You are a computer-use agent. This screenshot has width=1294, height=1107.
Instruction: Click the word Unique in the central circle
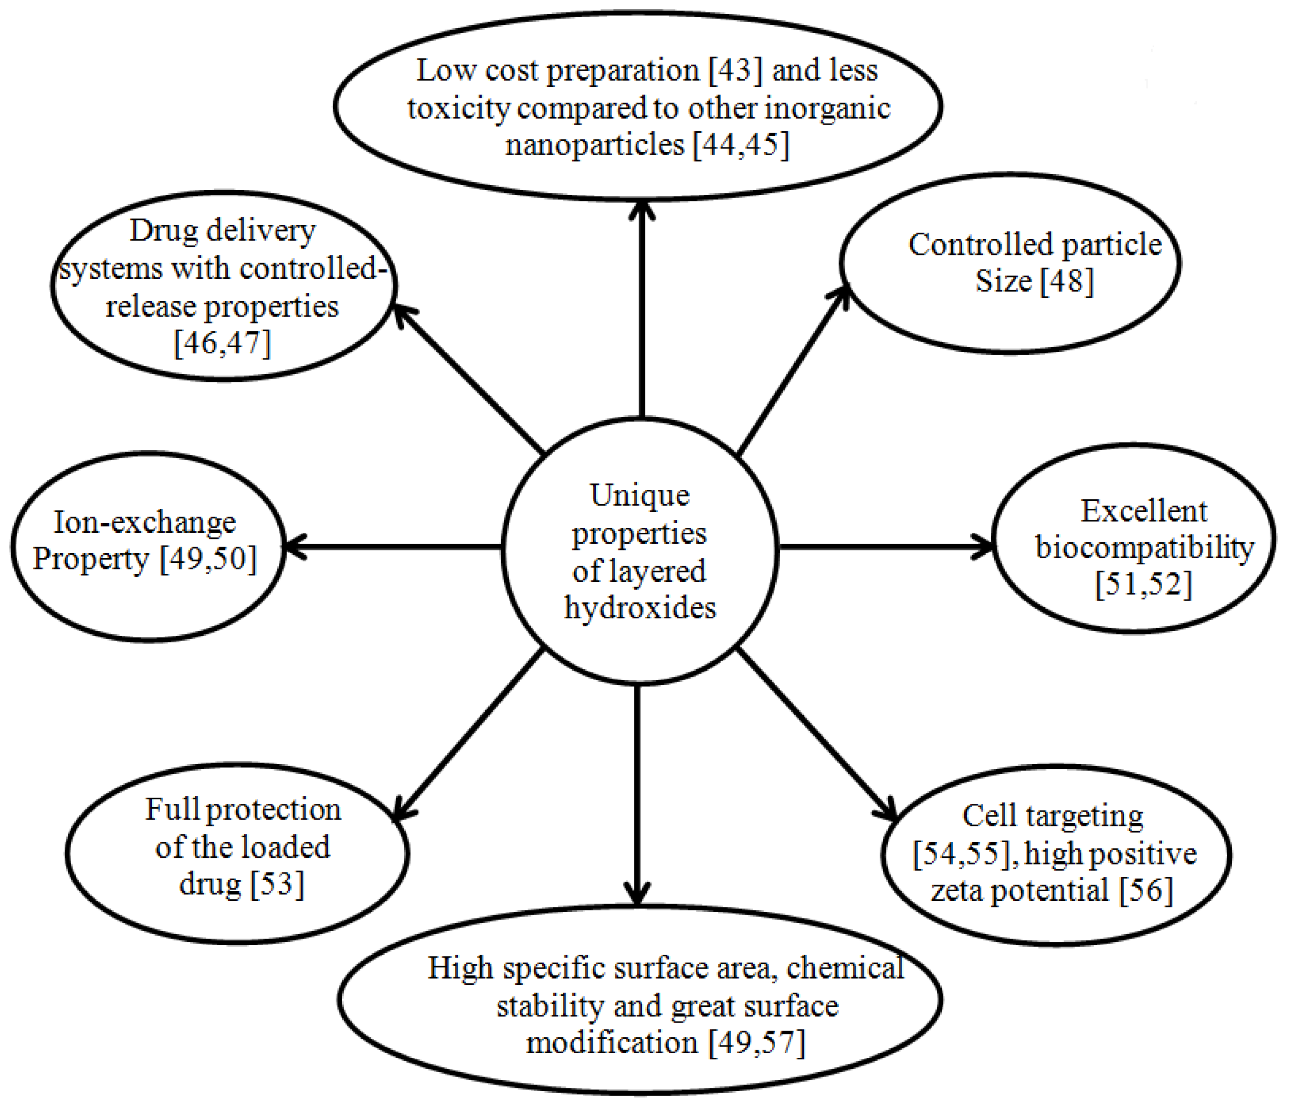coord(640,496)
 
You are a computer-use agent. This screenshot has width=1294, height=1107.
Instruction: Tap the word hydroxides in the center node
coord(640,608)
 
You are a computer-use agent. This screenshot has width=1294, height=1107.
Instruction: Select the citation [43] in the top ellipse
coord(736,70)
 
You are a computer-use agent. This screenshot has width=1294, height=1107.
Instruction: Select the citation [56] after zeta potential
coord(1146,890)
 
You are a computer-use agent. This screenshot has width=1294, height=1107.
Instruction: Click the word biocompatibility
coord(1144,548)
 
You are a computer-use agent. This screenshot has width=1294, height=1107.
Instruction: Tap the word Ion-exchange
coord(145,522)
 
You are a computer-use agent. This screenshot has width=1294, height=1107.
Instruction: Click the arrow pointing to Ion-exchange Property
coord(393,547)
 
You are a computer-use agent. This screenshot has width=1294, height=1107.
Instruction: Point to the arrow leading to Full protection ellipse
coord(468,735)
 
